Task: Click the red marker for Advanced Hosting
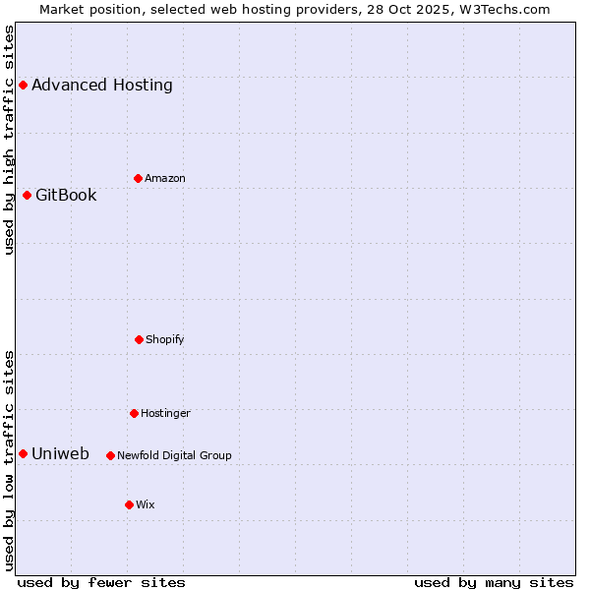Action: [x=23, y=86]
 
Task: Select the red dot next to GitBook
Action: [x=27, y=195]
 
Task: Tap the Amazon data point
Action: [x=138, y=178]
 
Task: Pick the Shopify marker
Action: [x=139, y=339]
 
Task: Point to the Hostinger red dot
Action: [x=134, y=413]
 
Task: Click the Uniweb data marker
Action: [x=23, y=453]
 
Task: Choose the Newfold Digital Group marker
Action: [x=110, y=455]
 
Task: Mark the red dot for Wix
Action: [x=129, y=504]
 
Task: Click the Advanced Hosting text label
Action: [x=102, y=86]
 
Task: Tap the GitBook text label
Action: [x=66, y=195]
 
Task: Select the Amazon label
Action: [x=165, y=178]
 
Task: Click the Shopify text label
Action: [x=165, y=339]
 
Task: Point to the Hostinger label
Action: [x=165, y=413]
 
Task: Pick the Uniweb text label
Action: [x=60, y=453]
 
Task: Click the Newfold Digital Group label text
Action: [x=174, y=455]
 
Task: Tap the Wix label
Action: [x=146, y=504]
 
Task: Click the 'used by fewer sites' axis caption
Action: [x=101, y=582]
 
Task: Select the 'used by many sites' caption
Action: [x=494, y=582]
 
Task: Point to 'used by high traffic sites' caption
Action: [x=9, y=140]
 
